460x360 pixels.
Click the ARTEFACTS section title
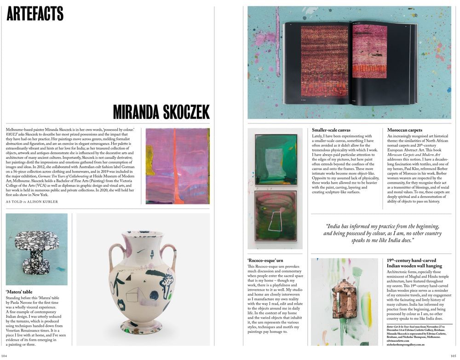click(x=35, y=13)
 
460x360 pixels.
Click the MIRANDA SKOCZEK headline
click(x=161, y=112)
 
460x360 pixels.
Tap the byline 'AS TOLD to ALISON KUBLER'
click(x=32, y=202)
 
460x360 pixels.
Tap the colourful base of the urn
click(x=142, y=328)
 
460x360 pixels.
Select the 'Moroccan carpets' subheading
click(x=404, y=130)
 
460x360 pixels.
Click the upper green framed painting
click(x=276, y=160)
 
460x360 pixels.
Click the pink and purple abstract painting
click(x=178, y=166)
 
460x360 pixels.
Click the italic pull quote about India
click(x=382, y=233)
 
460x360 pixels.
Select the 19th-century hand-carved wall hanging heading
click(x=415, y=263)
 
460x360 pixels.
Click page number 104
click(x=5, y=356)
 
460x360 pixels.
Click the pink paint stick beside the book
click(x=277, y=41)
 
